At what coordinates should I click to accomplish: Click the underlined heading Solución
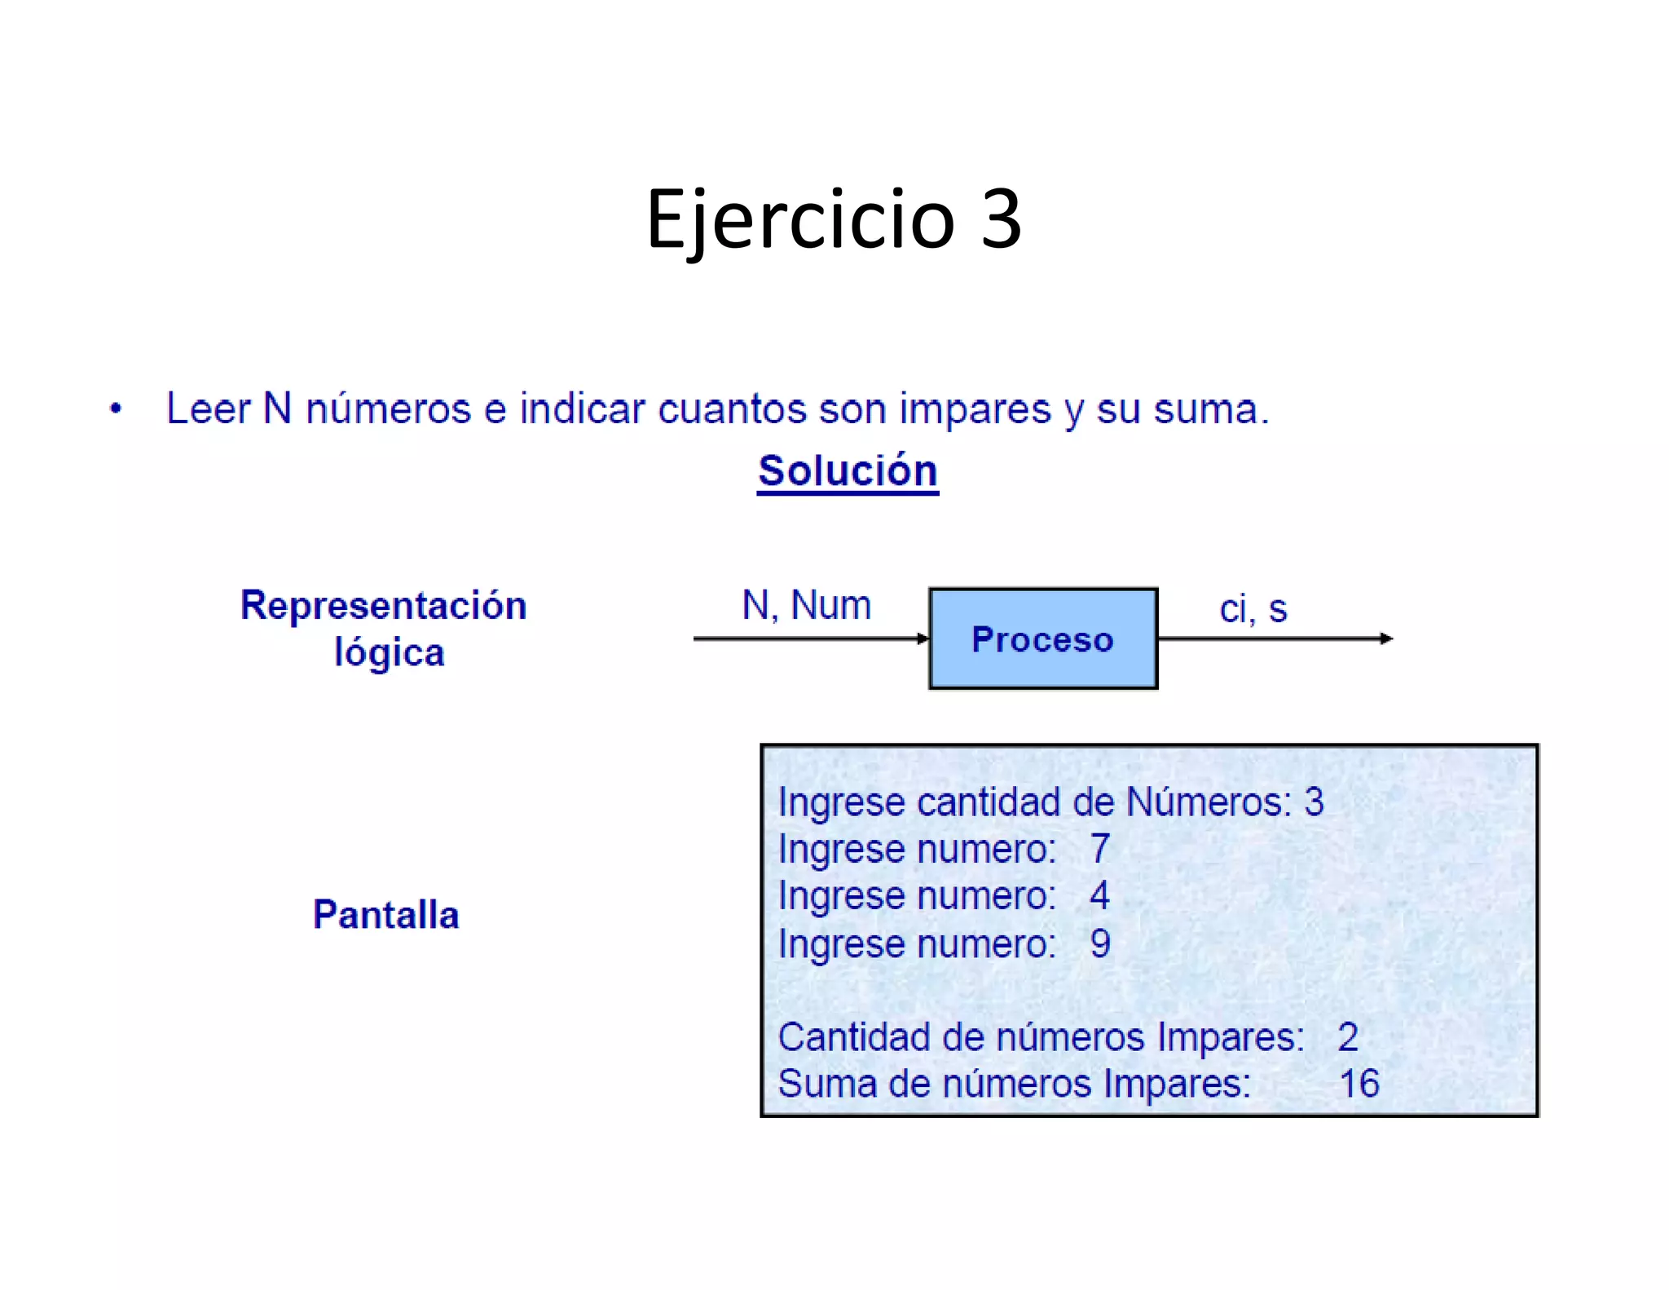[848, 470]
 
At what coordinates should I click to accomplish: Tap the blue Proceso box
[1042, 638]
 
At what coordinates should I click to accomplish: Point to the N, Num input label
[806, 605]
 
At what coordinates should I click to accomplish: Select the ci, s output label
[1253, 609]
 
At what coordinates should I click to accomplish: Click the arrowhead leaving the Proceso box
[1386, 638]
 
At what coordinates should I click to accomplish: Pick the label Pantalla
[385, 914]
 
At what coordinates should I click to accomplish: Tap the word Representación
[383, 605]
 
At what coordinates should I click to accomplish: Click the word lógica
[390, 652]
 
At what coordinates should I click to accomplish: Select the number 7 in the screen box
[1100, 849]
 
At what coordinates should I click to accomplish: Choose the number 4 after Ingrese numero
[1099, 895]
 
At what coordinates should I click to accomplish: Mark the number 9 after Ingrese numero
[1100, 943]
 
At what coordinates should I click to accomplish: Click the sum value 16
[1359, 1084]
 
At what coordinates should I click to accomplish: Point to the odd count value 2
[1348, 1037]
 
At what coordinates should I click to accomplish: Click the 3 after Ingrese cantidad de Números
[1314, 802]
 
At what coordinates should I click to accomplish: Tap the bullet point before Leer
[116, 409]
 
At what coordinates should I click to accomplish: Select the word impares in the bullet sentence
[975, 409]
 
